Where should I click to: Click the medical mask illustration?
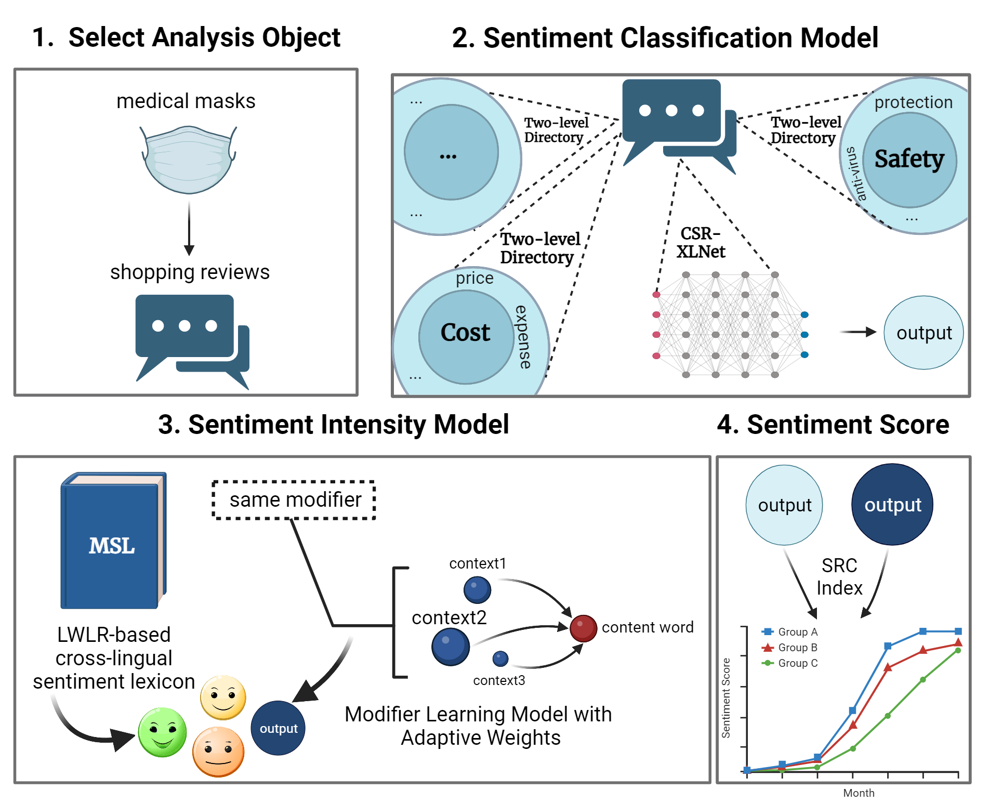(189, 159)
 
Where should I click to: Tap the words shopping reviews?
(190, 272)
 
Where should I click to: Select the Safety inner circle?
(909, 159)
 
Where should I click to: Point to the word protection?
(913, 102)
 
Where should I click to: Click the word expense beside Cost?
(523, 337)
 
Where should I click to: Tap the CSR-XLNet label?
(701, 243)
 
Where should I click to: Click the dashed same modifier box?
(294, 500)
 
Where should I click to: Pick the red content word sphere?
(583, 628)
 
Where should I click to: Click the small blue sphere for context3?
(500, 659)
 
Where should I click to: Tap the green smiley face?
(162, 732)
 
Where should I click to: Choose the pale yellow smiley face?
(223, 697)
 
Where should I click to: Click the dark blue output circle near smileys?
(278, 728)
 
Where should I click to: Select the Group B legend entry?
(790, 648)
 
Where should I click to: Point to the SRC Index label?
(839, 576)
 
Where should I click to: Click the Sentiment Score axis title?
(725, 698)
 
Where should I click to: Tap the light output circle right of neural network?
(923, 333)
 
